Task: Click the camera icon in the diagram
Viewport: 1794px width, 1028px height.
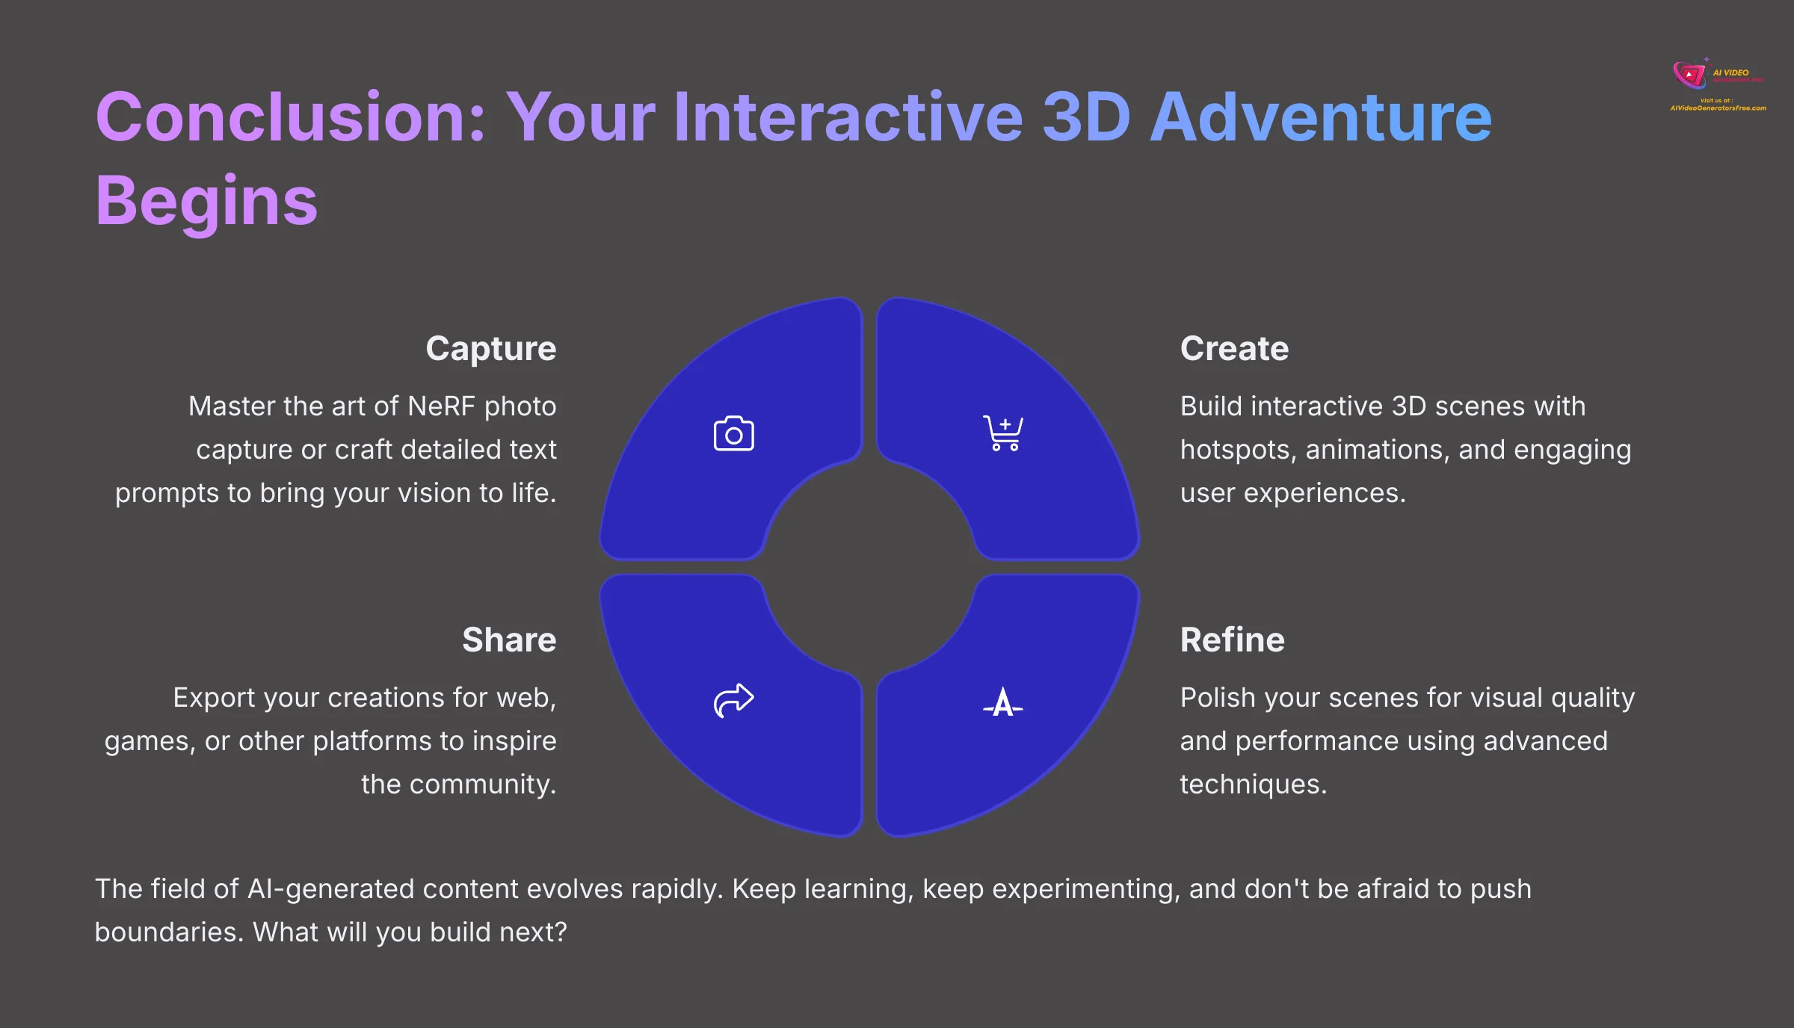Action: (x=733, y=434)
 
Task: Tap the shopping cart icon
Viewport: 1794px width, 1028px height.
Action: (x=1003, y=433)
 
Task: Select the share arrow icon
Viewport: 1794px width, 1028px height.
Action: (x=733, y=700)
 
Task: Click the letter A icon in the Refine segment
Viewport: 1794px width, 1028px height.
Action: (x=1003, y=702)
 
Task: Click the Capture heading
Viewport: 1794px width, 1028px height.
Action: (x=490, y=349)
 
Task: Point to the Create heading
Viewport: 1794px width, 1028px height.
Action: (x=1234, y=349)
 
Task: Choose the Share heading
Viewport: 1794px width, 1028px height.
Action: (x=508, y=640)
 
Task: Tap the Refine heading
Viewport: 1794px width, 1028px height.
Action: (x=1232, y=640)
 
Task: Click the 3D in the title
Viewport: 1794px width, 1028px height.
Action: (x=1086, y=118)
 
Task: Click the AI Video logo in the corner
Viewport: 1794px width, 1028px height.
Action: (x=1718, y=84)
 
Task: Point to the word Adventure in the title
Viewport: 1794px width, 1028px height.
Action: (x=1321, y=118)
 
